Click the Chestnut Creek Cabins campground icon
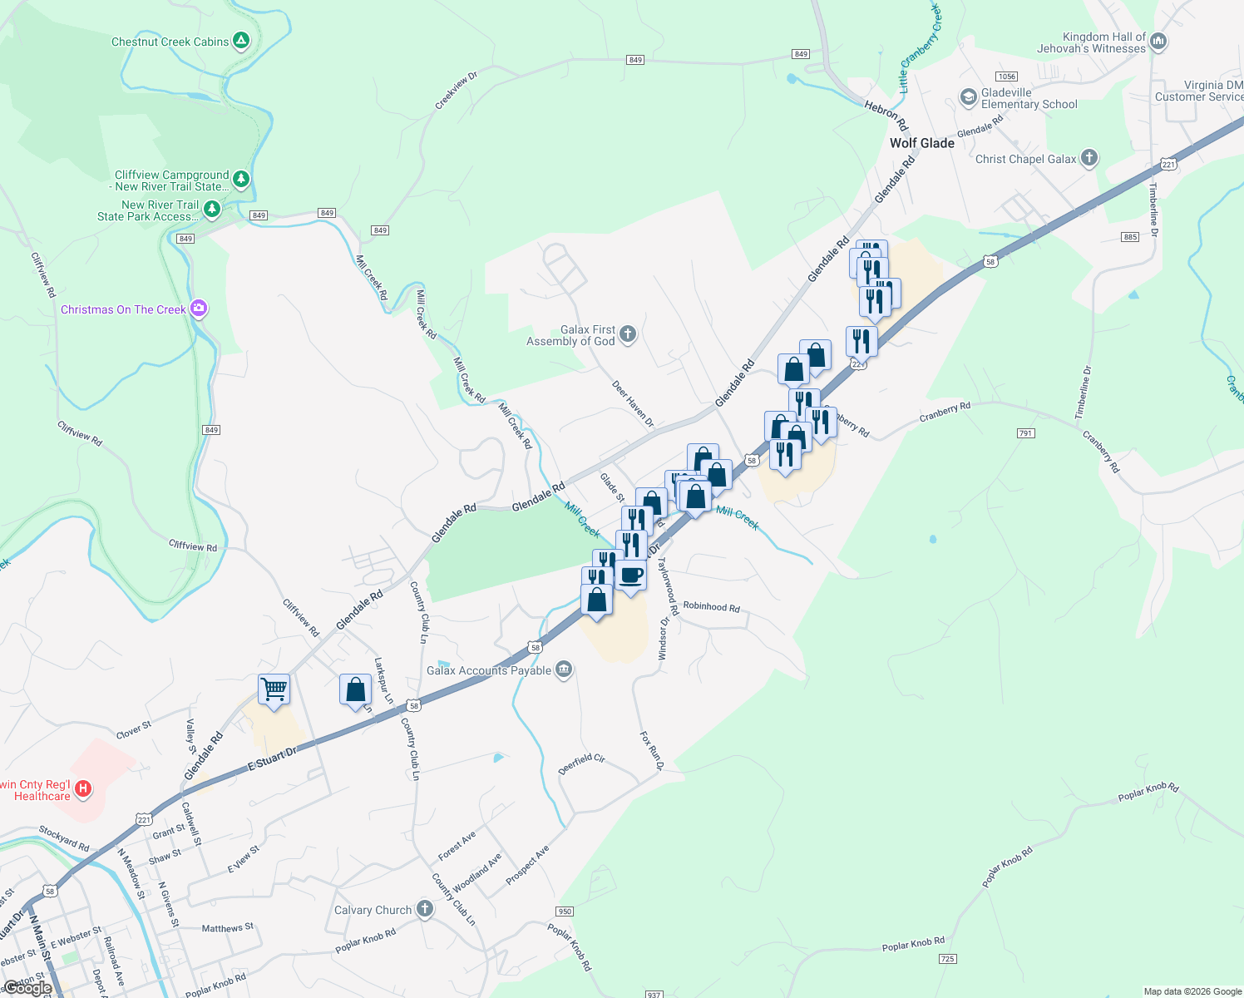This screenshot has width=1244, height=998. point(241,40)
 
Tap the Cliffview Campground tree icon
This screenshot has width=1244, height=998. point(241,178)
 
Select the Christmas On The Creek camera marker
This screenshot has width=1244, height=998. point(198,309)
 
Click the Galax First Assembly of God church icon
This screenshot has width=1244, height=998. point(628,334)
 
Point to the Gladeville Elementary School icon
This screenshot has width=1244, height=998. point(968,97)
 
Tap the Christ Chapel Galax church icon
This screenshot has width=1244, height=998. point(1089,158)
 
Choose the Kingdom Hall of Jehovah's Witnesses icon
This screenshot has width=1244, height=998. point(1159,41)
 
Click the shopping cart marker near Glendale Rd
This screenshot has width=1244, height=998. point(274,689)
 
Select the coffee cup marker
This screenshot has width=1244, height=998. point(631,576)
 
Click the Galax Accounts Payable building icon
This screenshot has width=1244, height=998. point(564,669)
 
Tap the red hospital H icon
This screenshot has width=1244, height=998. point(82,788)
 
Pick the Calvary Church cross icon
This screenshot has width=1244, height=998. point(425,908)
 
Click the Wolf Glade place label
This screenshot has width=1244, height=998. point(921,143)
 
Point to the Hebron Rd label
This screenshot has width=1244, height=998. point(886,116)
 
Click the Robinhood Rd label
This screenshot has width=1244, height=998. point(711,607)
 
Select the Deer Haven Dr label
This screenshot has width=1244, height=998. point(633,404)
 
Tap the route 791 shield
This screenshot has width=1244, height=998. point(1025,433)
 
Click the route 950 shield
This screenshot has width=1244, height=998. point(565,912)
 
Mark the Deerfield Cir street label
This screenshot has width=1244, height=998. point(581,764)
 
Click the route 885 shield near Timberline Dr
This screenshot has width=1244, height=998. point(1129,237)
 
